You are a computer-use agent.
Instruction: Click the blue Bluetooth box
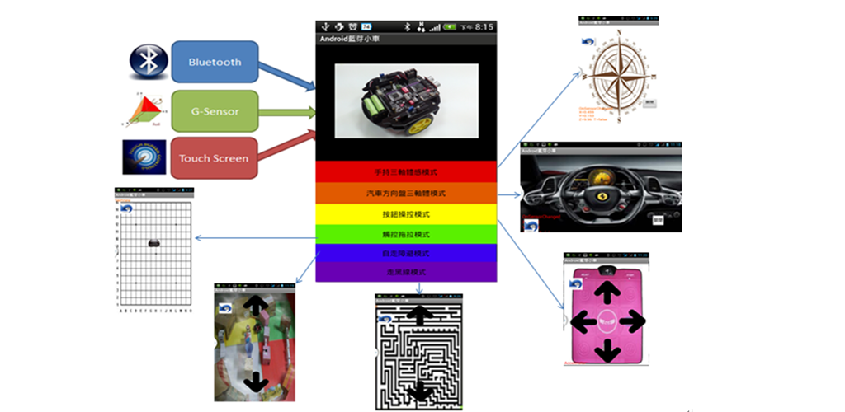click(x=215, y=62)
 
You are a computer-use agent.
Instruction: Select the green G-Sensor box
click(x=215, y=110)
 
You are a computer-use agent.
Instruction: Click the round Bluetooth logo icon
click(x=148, y=62)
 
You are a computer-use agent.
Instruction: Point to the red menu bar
click(x=406, y=171)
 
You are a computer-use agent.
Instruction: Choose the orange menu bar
click(x=406, y=193)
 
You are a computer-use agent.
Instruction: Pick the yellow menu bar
click(x=406, y=213)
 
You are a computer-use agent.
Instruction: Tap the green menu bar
click(x=406, y=234)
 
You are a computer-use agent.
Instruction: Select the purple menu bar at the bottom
click(x=406, y=272)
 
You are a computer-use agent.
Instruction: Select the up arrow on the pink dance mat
click(x=608, y=291)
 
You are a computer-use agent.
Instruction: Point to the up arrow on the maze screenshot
click(x=421, y=314)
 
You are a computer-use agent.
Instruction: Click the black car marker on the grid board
click(x=153, y=242)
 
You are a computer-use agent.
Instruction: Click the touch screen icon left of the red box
click(x=145, y=157)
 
